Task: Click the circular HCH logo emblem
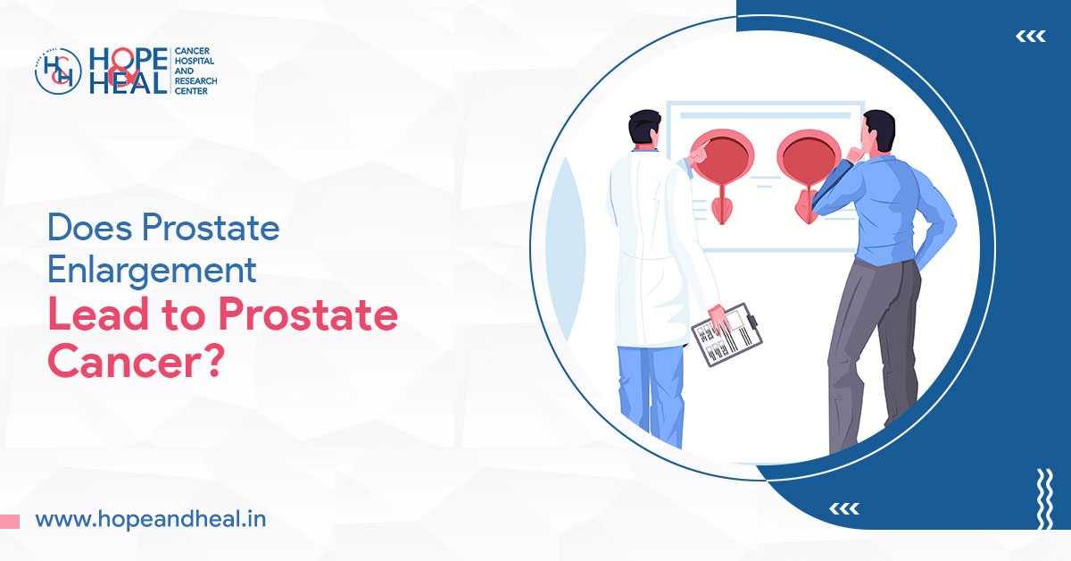(x=58, y=71)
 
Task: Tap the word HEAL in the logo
(x=128, y=83)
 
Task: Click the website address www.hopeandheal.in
(x=150, y=519)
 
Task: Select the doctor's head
(x=643, y=131)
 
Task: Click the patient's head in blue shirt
(x=878, y=131)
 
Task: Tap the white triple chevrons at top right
(x=1031, y=37)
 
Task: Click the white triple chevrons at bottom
(x=843, y=508)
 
